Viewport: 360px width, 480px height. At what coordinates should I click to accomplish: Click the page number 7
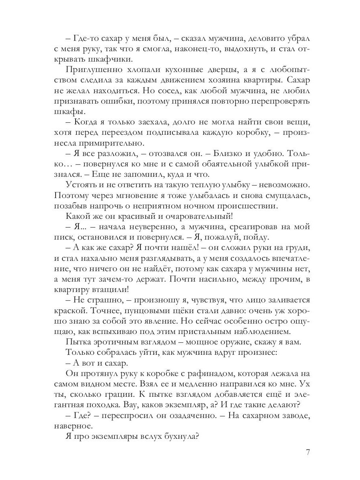(x=308, y=452)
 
